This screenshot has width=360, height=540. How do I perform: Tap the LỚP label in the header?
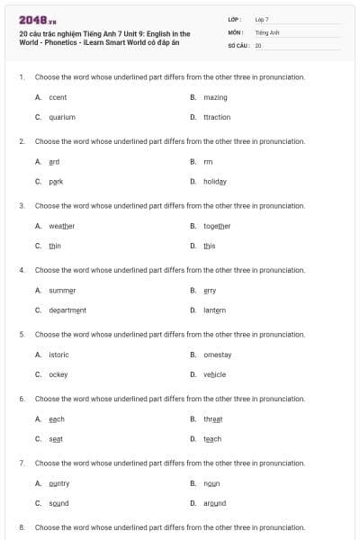click(234, 19)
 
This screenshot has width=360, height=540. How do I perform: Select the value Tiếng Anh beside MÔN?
click(265, 31)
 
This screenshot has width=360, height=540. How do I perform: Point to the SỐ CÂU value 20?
click(258, 44)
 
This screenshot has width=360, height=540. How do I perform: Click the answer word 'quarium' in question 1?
click(62, 117)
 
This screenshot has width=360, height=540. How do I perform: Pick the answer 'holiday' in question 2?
click(215, 181)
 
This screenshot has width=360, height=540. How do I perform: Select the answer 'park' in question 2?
click(56, 181)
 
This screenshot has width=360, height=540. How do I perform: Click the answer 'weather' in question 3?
click(62, 225)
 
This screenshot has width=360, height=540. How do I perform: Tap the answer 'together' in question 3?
click(217, 225)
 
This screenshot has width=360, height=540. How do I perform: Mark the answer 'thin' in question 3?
click(55, 245)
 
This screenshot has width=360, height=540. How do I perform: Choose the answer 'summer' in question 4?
click(62, 290)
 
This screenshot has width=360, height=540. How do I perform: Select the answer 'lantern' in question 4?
click(215, 310)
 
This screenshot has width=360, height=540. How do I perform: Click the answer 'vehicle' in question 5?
click(214, 373)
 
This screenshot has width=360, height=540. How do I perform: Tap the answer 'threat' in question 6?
click(212, 418)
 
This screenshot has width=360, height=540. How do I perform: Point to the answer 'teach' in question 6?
click(212, 438)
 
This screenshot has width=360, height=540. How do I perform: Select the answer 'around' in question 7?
click(214, 503)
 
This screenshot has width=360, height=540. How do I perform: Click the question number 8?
click(22, 526)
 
